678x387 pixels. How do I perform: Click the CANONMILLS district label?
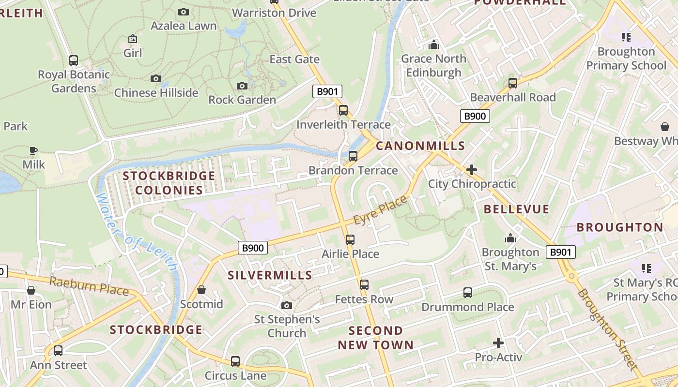pos(420,146)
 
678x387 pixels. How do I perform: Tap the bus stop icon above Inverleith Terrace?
pos(343,110)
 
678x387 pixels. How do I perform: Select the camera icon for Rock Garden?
pos(242,86)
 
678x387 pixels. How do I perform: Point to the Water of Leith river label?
pos(137,232)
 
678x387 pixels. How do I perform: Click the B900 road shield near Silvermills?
pos(253,248)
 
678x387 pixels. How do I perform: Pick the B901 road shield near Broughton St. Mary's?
pos(561,252)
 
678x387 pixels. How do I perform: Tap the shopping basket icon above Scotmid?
pos(201,290)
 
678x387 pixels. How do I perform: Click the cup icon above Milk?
pos(33,150)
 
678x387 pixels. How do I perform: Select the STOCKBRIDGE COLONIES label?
pos(169,183)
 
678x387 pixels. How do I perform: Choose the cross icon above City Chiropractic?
pos(472,170)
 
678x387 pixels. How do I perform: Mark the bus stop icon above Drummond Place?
pos(468,293)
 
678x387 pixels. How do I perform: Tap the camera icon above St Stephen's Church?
pos(287,305)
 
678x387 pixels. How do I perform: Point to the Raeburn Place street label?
pos(89,286)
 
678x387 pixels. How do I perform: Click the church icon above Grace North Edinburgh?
pos(433,45)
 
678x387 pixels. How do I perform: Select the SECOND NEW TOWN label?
pos(376,338)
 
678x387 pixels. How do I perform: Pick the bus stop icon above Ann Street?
pos(58,351)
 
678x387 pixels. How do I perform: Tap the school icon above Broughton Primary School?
pos(626,37)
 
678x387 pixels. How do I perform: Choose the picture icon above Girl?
pos(133,39)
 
